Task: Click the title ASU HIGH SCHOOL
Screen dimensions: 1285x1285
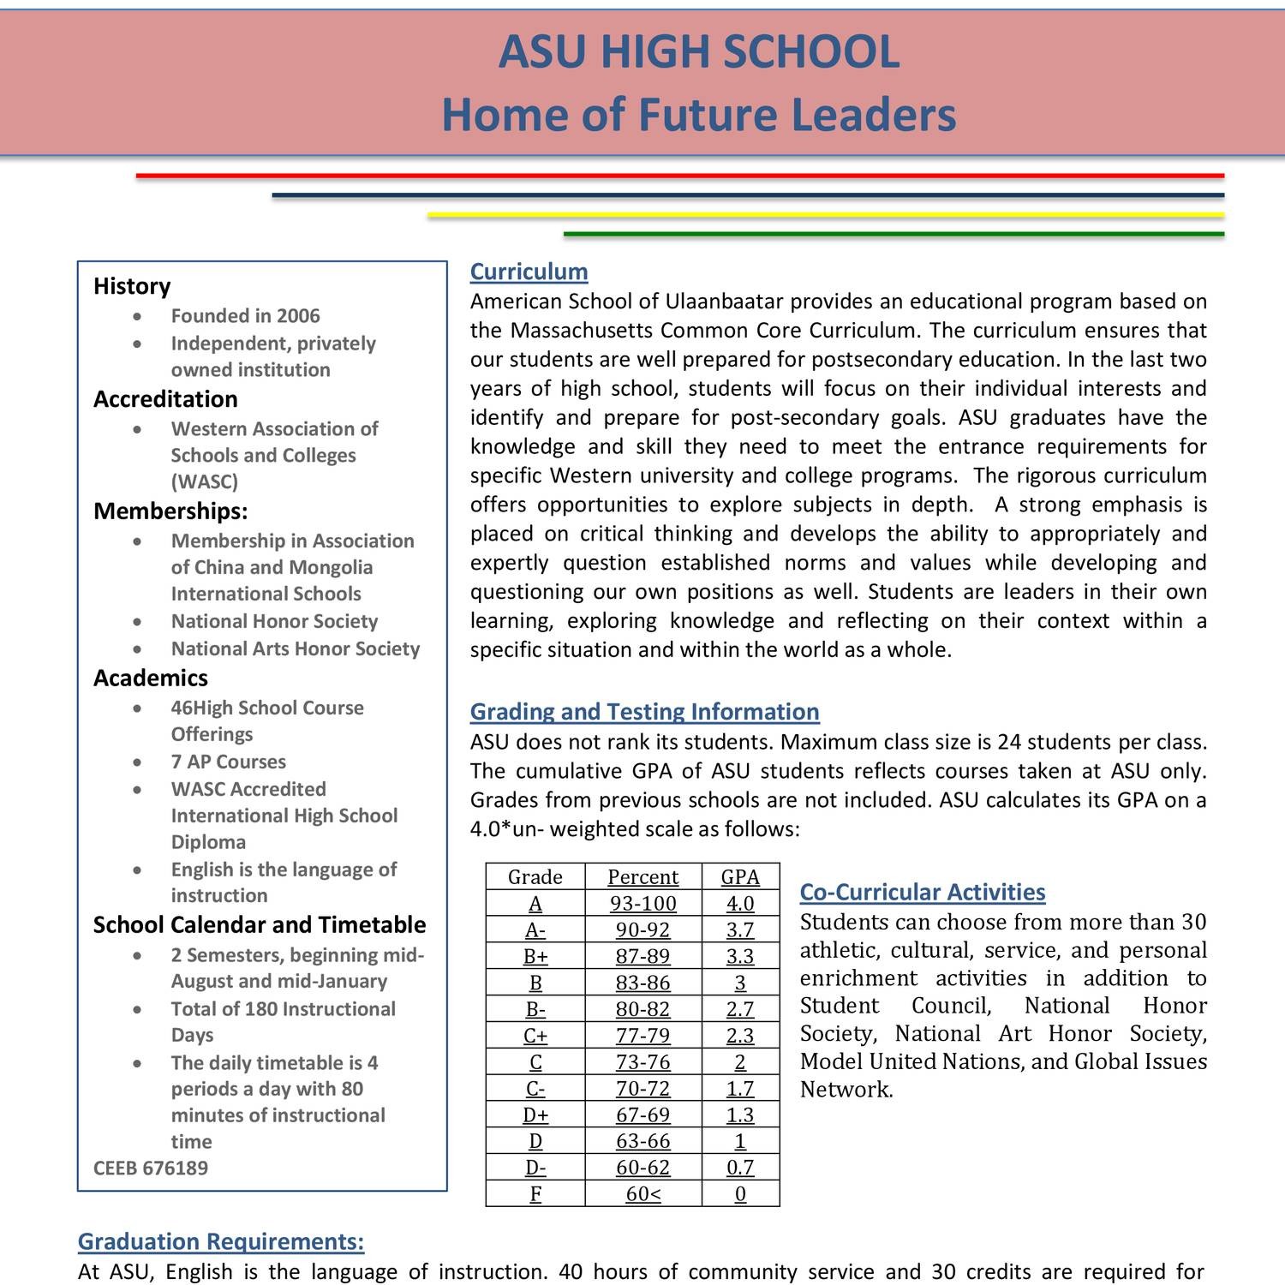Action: (698, 51)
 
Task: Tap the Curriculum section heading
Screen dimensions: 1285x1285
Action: (529, 272)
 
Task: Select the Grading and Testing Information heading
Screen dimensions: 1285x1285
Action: (644, 712)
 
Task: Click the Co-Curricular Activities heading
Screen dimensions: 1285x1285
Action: (922, 892)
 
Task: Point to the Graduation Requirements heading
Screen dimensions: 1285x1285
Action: (221, 1241)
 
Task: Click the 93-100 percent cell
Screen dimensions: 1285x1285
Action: (642, 904)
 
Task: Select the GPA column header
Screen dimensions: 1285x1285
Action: (740, 877)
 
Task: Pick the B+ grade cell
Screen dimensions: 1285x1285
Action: (535, 957)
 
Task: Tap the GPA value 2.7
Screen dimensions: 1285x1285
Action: (740, 1009)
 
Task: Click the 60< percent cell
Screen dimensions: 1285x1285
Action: (642, 1194)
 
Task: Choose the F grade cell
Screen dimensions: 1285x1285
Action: (535, 1194)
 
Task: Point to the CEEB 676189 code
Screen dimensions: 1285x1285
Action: (151, 1168)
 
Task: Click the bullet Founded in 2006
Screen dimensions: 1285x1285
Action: (245, 316)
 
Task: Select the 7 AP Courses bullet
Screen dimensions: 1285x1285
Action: (228, 762)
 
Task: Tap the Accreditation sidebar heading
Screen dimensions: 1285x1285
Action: (165, 399)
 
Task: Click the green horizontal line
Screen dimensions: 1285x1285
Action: (894, 234)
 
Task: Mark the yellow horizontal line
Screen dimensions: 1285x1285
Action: (825, 215)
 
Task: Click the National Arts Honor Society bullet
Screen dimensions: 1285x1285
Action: (296, 649)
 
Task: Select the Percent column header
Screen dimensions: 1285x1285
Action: (642, 877)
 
